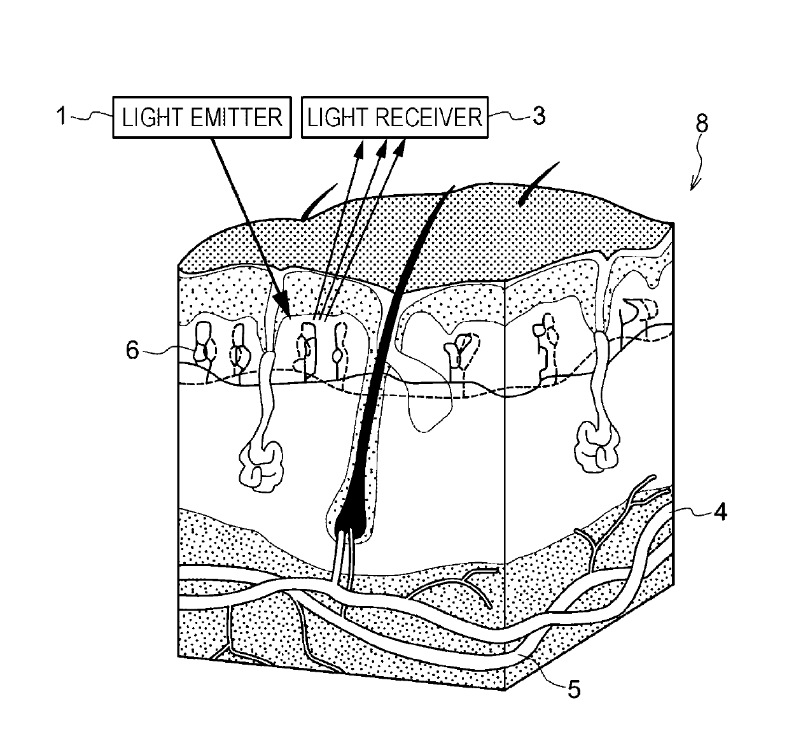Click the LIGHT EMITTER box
pyautogui.click(x=202, y=117)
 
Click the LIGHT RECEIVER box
pyautogui.click(x=394, y=117)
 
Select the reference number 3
pyautogui.click(x=538, y=116)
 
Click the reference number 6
pyautogui.click(x=132, y=350)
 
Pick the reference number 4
pyautogui.click(x=720, y=511)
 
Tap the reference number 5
pyautogui.click(x=574, y=690)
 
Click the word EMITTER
pyautogui.click(x=239, y=117)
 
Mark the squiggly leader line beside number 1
pyautogui.click(x=92, y=117)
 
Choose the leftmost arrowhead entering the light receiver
pyautogui.click(x=360, y=150)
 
